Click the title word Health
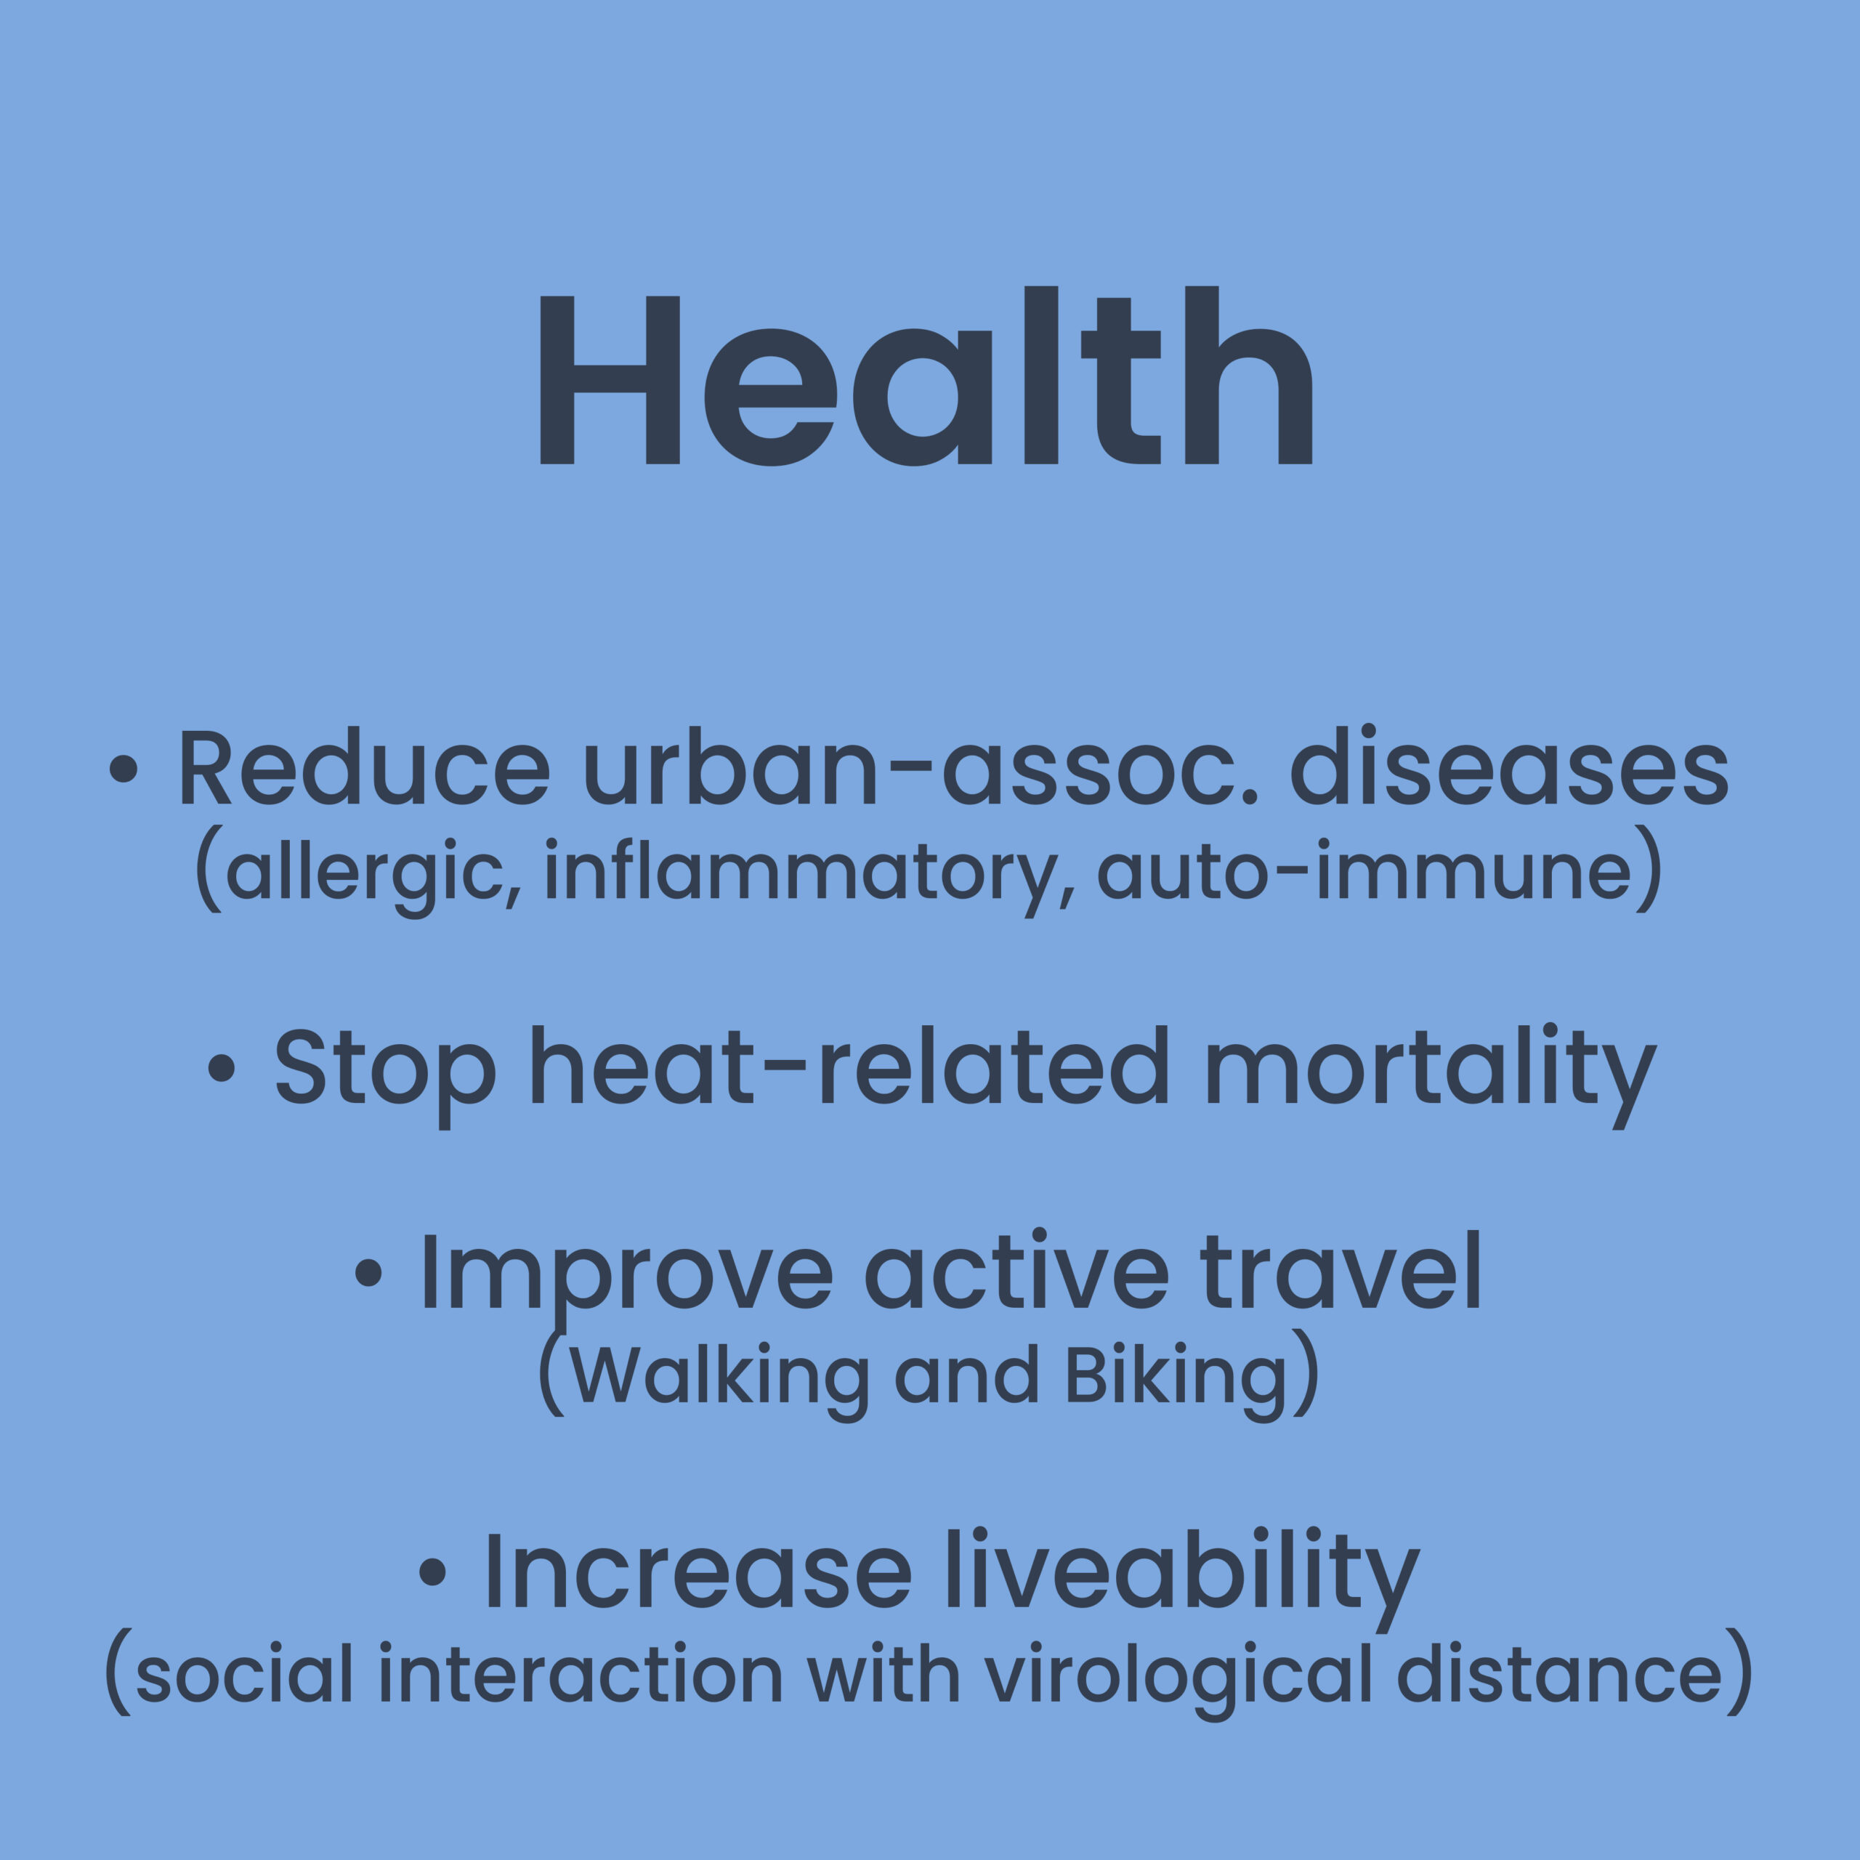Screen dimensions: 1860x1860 (x=926, y=376)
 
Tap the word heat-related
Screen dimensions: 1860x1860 (x=850, y=1065)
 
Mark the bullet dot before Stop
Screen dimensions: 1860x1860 (x=222, y=1067)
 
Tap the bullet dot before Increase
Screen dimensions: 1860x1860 (x=433, y=1571)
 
